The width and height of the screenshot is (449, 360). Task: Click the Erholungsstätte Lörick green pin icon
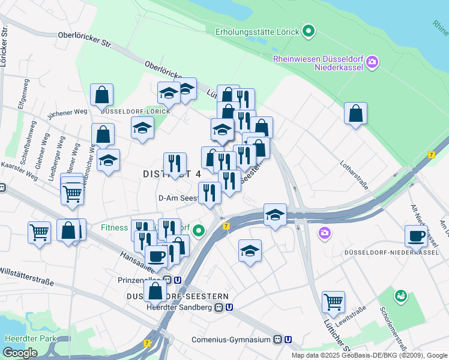pos(309,30)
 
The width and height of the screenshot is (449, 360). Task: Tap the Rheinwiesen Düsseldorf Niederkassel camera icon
pos(372,62)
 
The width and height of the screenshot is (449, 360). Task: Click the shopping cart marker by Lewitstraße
pos(333,302)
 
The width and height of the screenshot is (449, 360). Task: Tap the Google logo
pos(19,353)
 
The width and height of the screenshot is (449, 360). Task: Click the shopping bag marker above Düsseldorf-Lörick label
pos(102,95)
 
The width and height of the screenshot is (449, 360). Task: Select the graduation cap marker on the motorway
pos(275,215)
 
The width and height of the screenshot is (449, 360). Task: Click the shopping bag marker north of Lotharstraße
pos(355,113)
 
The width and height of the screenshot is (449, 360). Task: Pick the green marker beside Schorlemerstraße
pos(400,296)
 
